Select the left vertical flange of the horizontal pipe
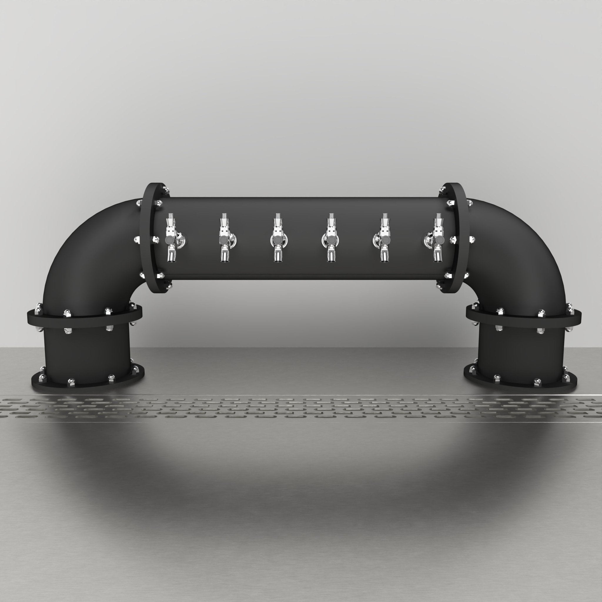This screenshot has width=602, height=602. (x=149, y=238)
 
